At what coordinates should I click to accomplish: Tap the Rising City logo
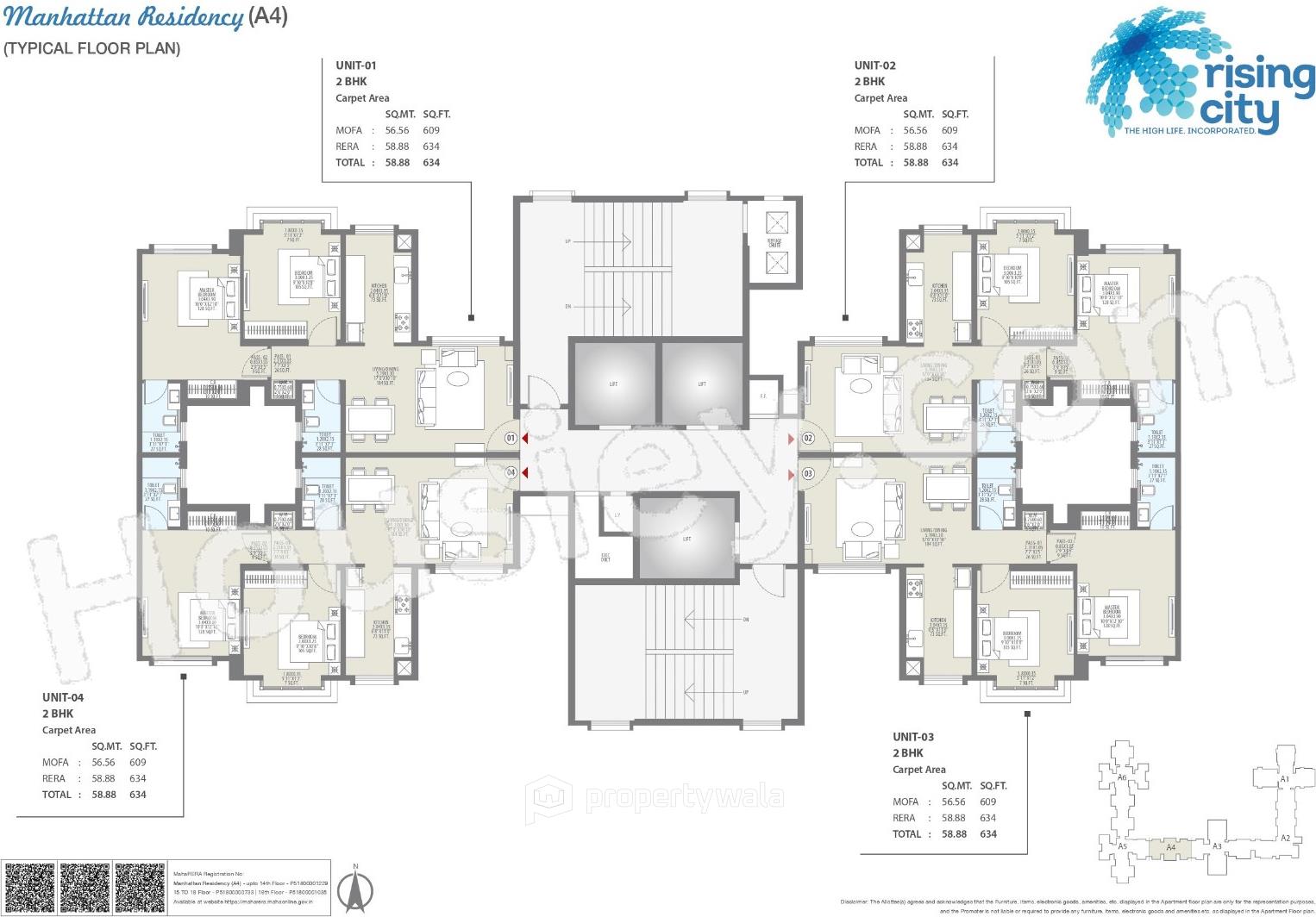(1200, 72)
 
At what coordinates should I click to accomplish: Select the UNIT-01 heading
(356, 65)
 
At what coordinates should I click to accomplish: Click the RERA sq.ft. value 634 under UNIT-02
(949, 147)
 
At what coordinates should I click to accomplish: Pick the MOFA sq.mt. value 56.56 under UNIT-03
(954, 802)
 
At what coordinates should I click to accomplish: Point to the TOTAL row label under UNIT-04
(57, 795)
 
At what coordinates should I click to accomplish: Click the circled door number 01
(511, 439)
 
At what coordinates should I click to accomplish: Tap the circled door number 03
(808, 473)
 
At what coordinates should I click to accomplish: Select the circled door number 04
(511, 472)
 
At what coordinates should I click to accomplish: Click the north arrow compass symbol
(354, 891)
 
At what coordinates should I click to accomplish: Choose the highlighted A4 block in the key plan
(1170, 847)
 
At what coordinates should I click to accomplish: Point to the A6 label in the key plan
(1122, 777)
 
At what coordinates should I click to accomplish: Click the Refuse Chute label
(774, 243)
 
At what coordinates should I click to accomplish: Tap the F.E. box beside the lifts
(763, 396)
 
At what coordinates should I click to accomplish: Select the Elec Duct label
(605, 558)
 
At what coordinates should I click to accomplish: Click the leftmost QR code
(28, 888)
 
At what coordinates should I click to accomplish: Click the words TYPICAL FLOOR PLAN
(92, 48)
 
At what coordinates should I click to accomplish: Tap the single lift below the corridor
(686, 539)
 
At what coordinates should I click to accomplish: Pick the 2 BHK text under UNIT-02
(869, 81)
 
